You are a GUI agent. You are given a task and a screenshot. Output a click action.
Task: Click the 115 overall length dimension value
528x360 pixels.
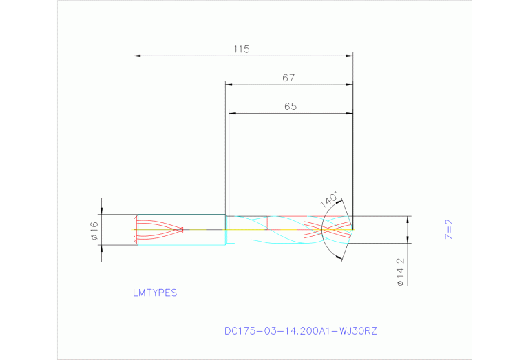point(240,50)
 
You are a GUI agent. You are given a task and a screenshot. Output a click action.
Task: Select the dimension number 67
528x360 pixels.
point(288,78)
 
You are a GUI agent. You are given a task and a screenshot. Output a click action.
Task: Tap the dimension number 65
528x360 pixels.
point(290,107)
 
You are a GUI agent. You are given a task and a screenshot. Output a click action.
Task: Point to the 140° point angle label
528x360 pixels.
point(329,200)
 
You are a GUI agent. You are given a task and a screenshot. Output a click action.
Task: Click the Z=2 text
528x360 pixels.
point(448,229)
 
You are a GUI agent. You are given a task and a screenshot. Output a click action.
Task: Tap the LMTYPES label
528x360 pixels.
point(155,293)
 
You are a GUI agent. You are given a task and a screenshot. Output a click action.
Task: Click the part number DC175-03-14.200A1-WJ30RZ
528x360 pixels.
point(301,331)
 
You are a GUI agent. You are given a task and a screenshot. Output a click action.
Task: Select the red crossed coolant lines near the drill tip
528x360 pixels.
point(328,229)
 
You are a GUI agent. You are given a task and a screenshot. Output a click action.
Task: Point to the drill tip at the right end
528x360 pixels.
point(352,229)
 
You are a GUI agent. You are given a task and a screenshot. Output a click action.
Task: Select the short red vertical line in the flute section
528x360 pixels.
point(267,222)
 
